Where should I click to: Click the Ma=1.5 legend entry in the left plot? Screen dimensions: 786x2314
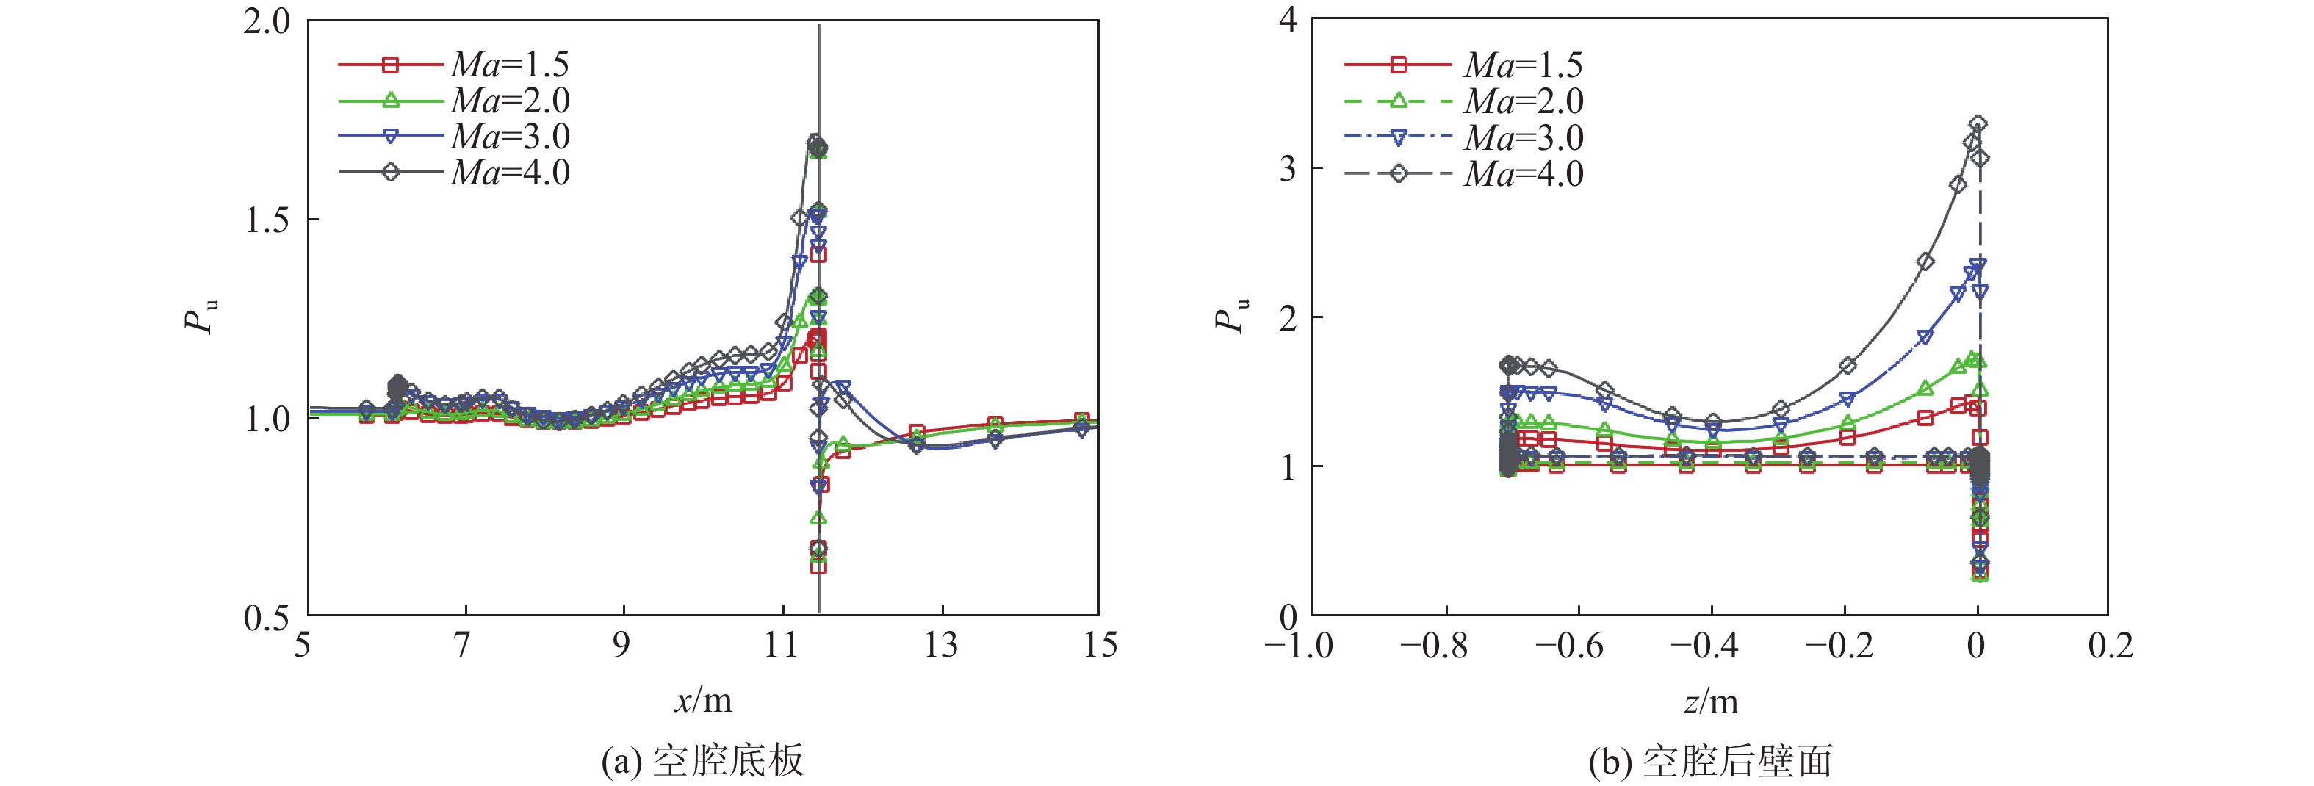(x=454, y=65)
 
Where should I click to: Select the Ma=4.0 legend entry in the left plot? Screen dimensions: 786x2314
(x=454, y=173)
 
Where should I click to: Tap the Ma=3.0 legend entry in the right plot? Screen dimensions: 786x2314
(x=1463, y=137)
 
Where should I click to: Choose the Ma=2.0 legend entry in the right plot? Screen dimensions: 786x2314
(x=1463, y=101)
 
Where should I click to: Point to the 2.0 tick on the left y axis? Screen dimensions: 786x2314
(x=267, y=21)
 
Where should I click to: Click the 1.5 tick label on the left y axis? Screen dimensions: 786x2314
(x=267, y=220)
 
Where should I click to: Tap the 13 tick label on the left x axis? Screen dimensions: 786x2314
(x=940, y=645)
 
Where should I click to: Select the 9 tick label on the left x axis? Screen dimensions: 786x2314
(x=621, y=645)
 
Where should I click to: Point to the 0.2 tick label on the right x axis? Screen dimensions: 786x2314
(x=2109, y=646)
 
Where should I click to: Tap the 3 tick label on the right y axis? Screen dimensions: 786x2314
(x=1288, y=168)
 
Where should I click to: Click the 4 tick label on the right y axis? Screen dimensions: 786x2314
(x=1288, y=20)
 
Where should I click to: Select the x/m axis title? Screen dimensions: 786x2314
(x=702, y=701)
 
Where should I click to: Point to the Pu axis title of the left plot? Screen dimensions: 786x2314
(x=201, y=316)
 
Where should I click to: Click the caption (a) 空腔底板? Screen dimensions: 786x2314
(x=702, y=761)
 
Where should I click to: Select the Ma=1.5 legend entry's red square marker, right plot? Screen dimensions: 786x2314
(x=1398, y=65)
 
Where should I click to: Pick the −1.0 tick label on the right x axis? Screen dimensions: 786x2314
(x=1299, y=646)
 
